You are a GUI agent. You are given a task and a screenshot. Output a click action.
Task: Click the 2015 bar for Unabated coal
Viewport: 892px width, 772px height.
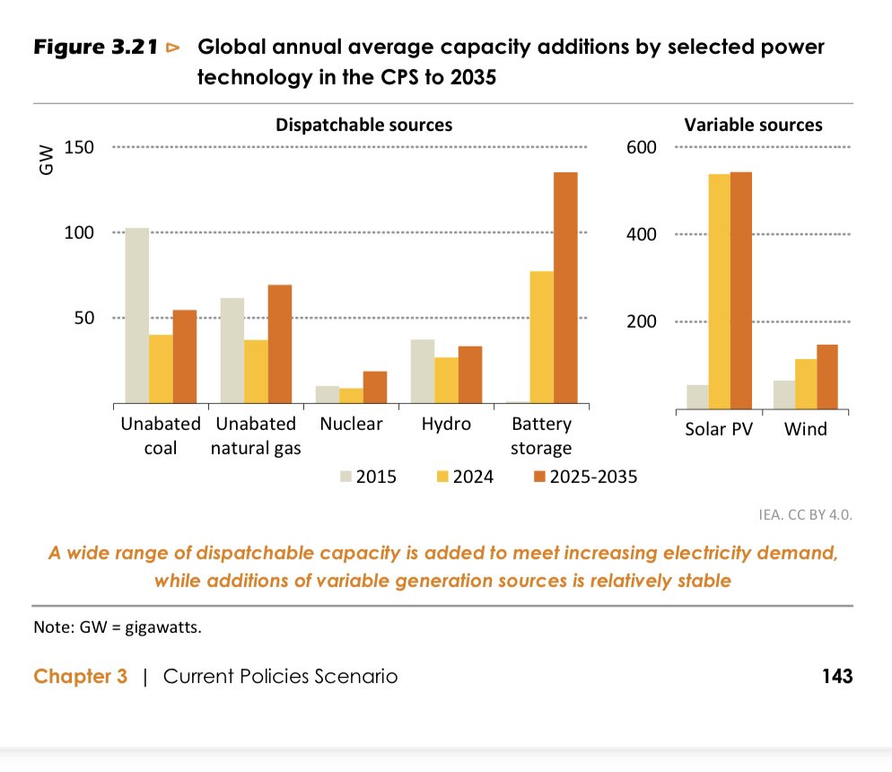pyautogui.click(x=137, y=315)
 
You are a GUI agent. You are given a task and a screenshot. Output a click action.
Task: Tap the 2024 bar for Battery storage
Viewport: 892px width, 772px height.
pyautogui.click(x=541, y=337)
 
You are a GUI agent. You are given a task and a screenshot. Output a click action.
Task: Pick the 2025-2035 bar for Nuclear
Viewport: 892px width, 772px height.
pyautogui.click(x=375, y=387)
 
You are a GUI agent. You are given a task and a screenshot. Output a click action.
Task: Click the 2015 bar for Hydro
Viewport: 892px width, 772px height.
pyautogui.click(x=423, y=371)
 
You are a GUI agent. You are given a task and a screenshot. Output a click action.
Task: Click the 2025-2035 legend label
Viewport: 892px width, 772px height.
pyautogui.click(x=595, y=478)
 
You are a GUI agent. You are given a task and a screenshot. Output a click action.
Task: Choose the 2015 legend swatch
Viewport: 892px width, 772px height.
pyautogui.click(x=344, y=478)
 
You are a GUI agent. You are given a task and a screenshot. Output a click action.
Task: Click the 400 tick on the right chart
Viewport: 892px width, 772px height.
pyautogui.click(x=642, y=234)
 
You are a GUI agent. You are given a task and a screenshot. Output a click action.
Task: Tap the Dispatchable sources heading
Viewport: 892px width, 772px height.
pyautogui.click(x=363, y=124)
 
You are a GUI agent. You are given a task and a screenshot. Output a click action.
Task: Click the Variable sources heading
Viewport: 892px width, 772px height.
pyautogui.click(x=753, y=124)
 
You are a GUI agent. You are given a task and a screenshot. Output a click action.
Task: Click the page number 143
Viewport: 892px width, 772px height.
pyautogui.click(x=836, y=676)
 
